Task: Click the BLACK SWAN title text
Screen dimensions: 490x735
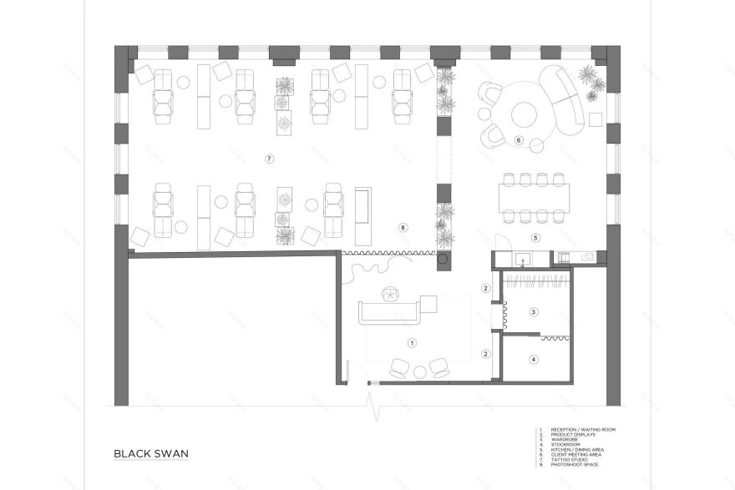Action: tap(151, 454)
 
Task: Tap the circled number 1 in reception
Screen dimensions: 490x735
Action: tap(411, 342)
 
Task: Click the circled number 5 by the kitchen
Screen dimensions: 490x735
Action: tap(537, 237)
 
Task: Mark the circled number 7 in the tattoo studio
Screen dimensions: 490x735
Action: tap(269, 158)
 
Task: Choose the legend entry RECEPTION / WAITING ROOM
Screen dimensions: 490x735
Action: tap(581, 429)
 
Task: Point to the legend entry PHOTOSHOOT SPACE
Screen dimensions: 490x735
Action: tap(577, 464)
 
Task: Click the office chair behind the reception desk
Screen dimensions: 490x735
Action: tap(391, 294)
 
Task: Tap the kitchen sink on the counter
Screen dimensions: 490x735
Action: tap(524, 257)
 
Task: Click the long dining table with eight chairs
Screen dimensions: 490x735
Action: tap(535, 198)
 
